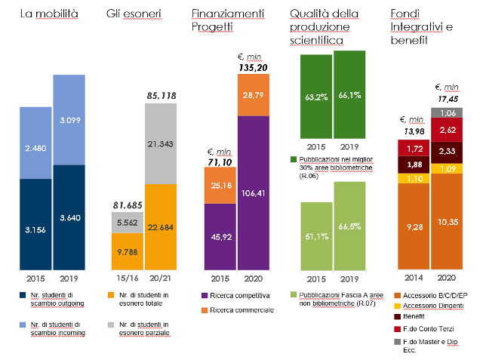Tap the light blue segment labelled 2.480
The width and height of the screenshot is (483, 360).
35,143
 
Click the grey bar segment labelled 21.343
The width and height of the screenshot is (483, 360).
161,143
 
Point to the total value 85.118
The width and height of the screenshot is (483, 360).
161,95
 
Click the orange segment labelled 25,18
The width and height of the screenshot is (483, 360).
220,186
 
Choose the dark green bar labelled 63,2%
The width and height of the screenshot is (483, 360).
316,97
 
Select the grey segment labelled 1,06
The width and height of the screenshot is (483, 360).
447,113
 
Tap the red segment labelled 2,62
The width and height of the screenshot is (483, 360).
447,130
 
